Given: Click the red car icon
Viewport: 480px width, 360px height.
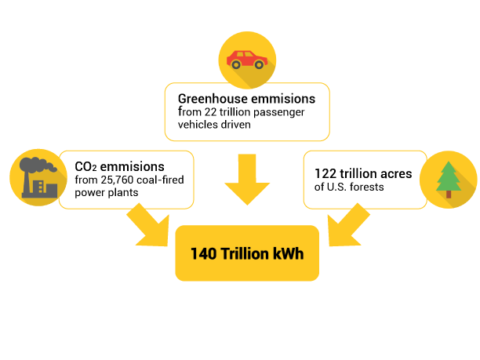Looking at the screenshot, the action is [x=247, y=60].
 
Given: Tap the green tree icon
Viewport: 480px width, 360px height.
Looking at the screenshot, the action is [x=449, y=180].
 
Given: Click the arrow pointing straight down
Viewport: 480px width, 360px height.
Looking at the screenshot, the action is [x=247, y=179].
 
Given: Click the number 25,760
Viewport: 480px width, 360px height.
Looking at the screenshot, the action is [x=117, y=180].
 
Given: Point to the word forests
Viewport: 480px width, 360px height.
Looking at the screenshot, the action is [x=367, y=187].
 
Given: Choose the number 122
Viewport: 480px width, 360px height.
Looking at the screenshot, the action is [x=325, y=173].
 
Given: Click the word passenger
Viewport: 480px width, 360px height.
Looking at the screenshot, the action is [x=279, y=112].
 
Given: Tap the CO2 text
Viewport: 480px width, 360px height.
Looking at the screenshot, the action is [x=85, y=167].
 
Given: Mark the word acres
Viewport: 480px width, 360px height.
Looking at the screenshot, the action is [x=396, y=174].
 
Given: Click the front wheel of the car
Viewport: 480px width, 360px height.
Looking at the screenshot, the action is [x=259, y=64].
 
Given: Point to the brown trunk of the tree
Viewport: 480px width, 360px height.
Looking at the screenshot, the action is [x=449, y=195].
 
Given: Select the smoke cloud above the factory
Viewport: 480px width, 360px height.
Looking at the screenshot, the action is [x=38, y=165].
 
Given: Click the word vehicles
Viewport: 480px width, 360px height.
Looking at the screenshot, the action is [x=199, y=125].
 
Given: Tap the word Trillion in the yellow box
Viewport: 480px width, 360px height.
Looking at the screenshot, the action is [x=245, y=254].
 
